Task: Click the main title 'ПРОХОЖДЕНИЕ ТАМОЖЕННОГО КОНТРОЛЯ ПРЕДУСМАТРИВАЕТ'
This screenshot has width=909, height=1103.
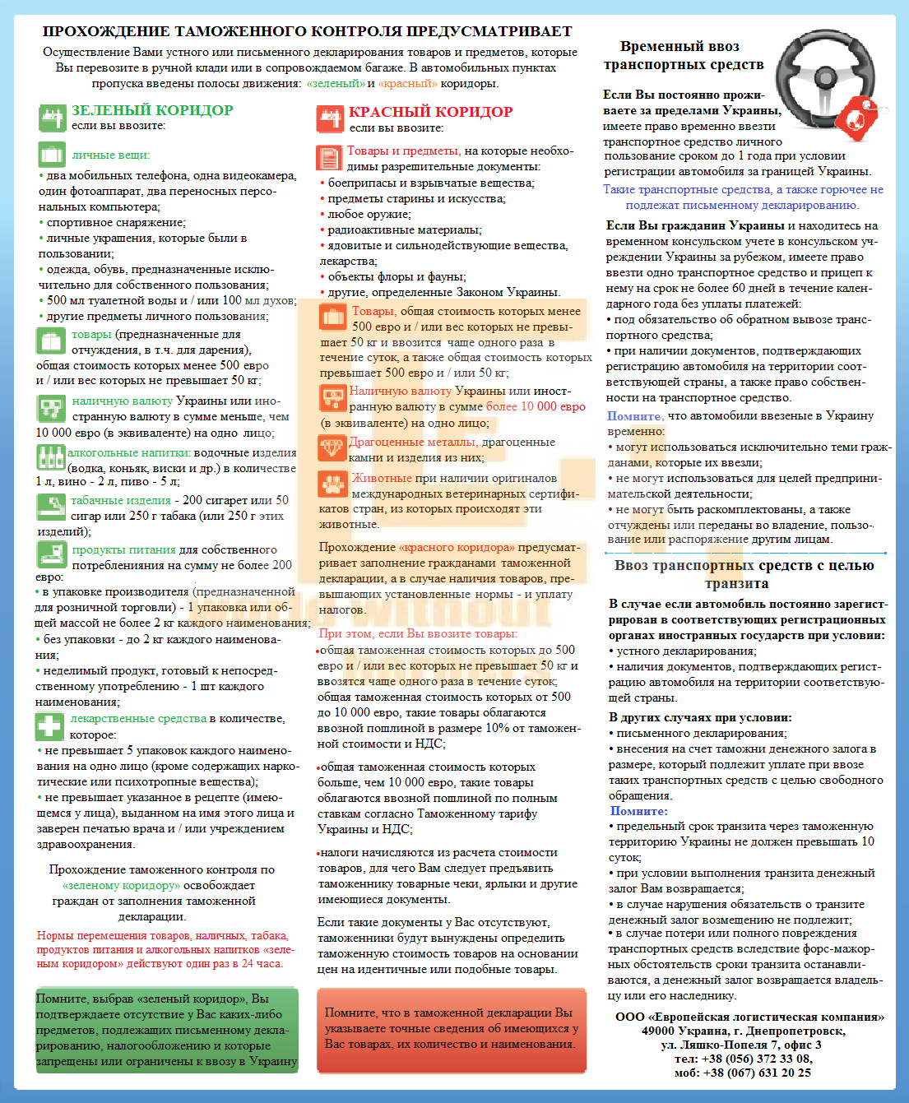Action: click(308, 31)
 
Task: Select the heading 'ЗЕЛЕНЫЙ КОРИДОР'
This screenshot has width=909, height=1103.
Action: click(152, 110)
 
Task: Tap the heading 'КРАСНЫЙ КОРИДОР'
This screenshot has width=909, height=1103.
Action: click(430, 112)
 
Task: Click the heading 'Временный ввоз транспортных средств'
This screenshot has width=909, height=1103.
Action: click(683, 55)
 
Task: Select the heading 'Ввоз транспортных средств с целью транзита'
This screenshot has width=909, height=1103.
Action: click(743, 574)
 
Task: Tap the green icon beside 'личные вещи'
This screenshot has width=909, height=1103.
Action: click(51, 155)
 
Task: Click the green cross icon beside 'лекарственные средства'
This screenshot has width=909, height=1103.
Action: click(49, 726)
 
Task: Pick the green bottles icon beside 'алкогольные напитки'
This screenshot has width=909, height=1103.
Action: click(50, 456)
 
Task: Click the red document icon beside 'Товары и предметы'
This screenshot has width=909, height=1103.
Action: click(329, 157)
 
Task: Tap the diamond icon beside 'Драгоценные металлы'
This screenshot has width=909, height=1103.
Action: click(332, 448)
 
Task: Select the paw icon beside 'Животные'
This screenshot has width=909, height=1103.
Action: click(333, 484)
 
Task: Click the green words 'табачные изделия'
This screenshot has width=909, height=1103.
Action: click(120, 500)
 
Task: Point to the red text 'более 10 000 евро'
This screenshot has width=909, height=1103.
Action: click(536, 406)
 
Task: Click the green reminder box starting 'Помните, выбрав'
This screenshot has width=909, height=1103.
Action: click(166, 1030)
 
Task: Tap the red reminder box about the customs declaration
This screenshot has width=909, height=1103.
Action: click(451, 1030)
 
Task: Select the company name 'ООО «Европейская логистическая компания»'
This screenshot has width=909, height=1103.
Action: click(749, 1017)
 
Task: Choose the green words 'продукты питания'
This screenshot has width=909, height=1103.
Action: click(123, 549)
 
